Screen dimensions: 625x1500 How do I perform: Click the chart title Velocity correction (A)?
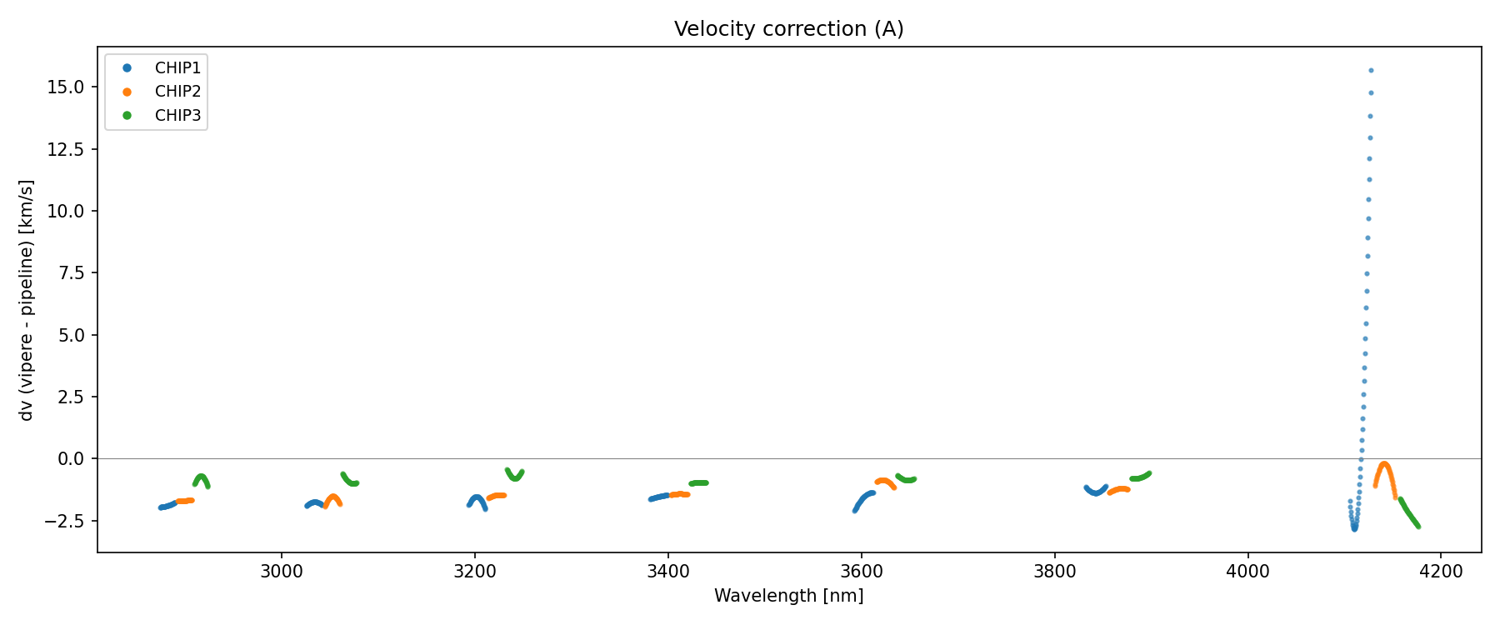point(788,29)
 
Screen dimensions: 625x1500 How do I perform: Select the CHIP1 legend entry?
point(177,67)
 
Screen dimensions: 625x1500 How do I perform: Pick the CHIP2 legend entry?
point(177,92)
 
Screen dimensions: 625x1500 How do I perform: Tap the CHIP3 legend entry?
point(177,116)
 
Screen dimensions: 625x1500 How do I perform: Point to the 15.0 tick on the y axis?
point(67,87)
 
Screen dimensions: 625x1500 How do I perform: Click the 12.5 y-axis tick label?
point(67,149)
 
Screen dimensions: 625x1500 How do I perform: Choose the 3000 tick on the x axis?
point(282,572)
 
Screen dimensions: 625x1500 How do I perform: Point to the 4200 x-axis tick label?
point(1441,572)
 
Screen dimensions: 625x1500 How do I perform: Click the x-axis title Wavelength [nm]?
point(788,596)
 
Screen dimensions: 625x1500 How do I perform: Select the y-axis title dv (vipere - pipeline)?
point(27,300)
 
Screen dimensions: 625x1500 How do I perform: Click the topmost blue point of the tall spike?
point(1371,71)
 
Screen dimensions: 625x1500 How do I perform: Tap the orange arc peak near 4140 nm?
point(1384,464)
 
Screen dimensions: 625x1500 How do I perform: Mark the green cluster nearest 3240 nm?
point(515,474)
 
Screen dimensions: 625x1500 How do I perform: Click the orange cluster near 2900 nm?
point(185,501)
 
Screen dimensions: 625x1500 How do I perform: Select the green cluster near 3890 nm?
point(1140,477)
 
